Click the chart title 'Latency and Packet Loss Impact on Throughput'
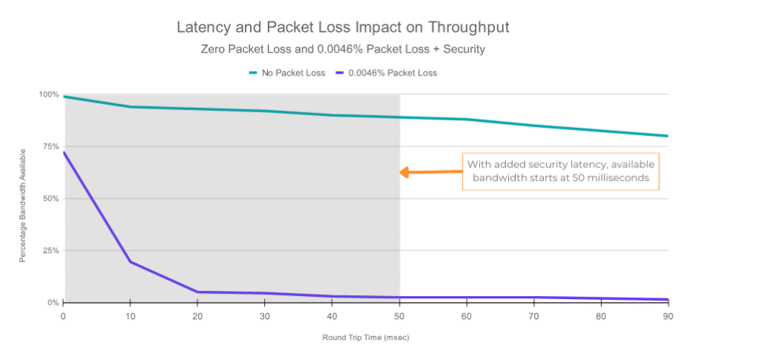point(342,28)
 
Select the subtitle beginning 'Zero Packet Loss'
point(342,50)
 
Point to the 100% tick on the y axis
point(48,94)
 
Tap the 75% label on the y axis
point(50,147)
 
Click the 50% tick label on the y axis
point(50,199)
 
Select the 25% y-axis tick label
point(50,251)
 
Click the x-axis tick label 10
point(131,316)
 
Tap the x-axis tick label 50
point(400,316)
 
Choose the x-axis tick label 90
point(667,316)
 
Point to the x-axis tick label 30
point(266,316)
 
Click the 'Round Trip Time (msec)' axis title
point(365,337)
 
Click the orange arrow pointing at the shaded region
point(429,173)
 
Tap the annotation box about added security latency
point(561,173)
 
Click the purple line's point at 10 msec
point(131,262)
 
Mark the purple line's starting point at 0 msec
point(65,152)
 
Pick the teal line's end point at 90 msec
point(667,136)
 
